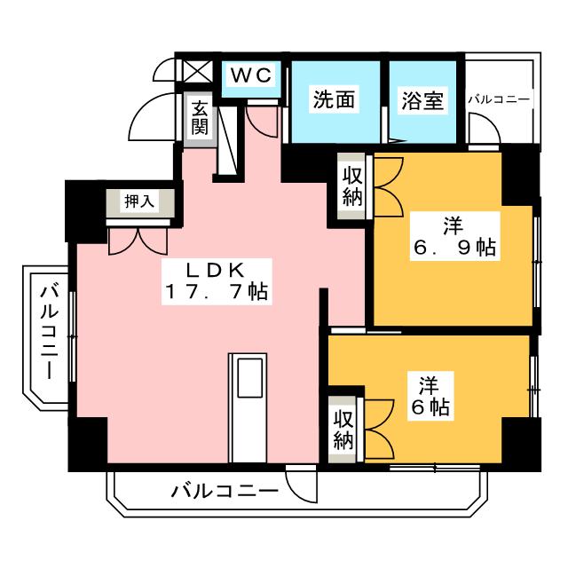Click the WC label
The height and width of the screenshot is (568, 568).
click(x=251, y=75)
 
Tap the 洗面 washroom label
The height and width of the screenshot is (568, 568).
click(x=334, y=99)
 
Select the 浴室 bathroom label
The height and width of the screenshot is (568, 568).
click(x=422, y=100)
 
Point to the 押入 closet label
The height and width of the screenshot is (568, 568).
click(x=139, y=201)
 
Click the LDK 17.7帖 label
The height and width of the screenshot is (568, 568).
click(x=217, y=280)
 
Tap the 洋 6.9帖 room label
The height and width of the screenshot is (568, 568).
click(x=454, y=236)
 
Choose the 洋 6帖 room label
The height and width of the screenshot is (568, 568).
click(x=430, y=396)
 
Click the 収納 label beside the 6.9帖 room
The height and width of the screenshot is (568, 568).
click(x=352, y=187)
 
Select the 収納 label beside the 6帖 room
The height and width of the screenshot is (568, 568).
click(x=343, y=430)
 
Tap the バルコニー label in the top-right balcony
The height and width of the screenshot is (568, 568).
click(x=499, y=99)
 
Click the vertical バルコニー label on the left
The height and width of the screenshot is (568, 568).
click(x=50, y=332)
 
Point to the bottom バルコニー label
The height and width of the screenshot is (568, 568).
click(x=225, y=492)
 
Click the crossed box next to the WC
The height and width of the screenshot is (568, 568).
click(x=197, y=71)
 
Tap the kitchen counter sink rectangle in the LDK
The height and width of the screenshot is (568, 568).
click(x=249, y=378)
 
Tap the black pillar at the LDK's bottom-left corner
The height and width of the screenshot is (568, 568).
click(x=88, y=444)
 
